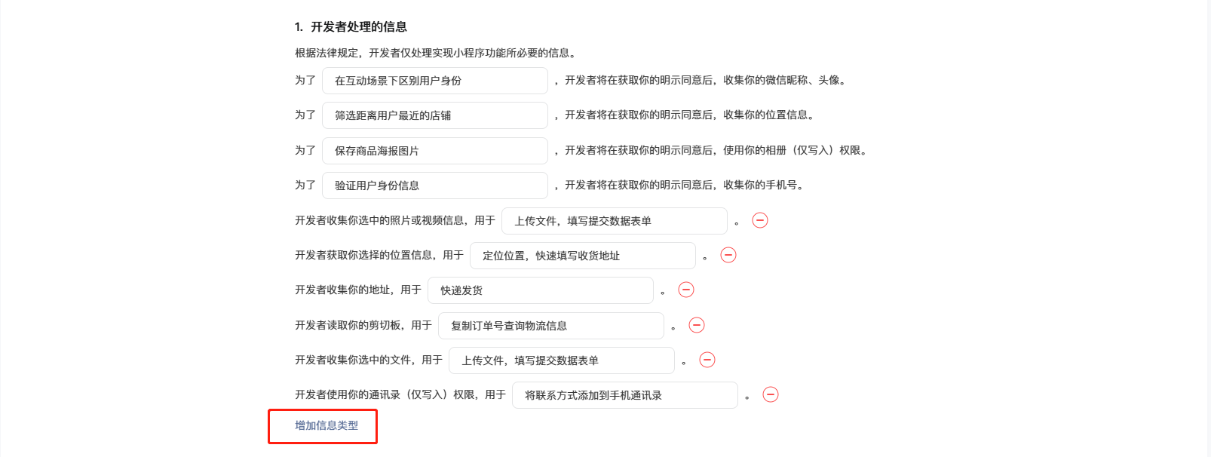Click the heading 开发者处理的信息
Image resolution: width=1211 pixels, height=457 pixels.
[x=358, y=27]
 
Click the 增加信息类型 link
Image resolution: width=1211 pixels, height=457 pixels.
[x=327, y=425]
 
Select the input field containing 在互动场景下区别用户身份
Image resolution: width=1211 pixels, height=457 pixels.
[x=434, y=81]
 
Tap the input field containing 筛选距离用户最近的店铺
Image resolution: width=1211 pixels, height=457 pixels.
[x=434, y=115]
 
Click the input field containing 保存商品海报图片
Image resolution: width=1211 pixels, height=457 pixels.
[x=434, y=150]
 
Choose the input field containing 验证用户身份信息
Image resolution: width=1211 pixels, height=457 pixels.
[x=434, y=186]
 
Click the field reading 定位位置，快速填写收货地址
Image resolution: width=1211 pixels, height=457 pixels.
[x=583, y=256]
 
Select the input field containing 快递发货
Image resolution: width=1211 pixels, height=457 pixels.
[x=541, y=290]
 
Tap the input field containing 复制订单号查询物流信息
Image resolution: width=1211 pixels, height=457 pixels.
[x=551, y=326]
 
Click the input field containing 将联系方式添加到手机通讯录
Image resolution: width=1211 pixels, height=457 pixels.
[x=625, y=395]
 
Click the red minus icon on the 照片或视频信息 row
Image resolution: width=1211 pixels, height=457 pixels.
[x=759, y=220]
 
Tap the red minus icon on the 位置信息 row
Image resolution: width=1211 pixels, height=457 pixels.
[x=728, y=255]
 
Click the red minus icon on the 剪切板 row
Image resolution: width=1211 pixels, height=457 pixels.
[x=696, y=325]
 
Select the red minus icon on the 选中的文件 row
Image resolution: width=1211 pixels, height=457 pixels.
[x=707, y=360]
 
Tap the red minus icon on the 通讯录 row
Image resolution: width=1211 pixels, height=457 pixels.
[x=771, y=394]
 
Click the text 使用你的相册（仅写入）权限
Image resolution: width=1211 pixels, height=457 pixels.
[x=792, y=150]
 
